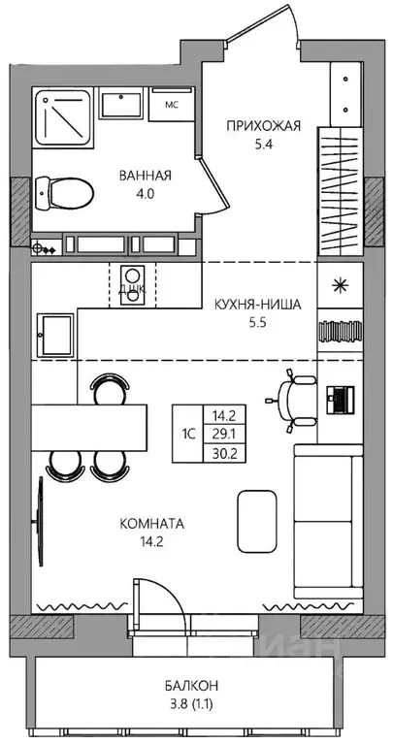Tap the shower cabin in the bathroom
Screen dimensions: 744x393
coord(64,123)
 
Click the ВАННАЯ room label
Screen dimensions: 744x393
coord(146,176)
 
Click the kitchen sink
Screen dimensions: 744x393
coord(56,335)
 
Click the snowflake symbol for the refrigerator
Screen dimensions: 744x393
coord(340,284)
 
